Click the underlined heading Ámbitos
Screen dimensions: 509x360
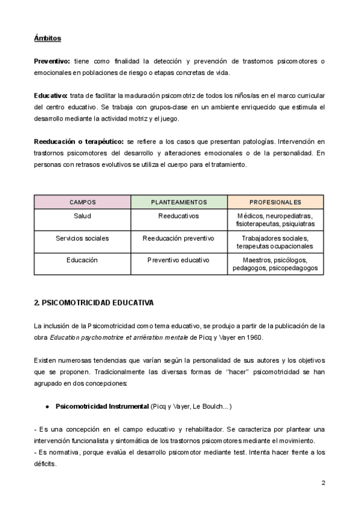coord(47,38)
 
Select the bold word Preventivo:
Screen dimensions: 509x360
coord(52,61)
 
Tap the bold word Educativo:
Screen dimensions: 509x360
coord(50,96)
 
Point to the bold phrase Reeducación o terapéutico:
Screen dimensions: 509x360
coord(79,142)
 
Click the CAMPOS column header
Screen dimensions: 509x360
coord(82,202)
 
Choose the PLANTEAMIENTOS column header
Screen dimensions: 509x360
coord(179,202)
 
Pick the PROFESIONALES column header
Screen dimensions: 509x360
coord(275,202)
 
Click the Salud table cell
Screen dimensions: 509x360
coord(82,215)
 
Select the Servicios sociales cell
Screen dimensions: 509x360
coord(82,238)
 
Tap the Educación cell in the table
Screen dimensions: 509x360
coord(82,261)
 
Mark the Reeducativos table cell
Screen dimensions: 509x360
coord(179,215)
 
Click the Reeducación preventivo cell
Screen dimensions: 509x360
coord(179,238)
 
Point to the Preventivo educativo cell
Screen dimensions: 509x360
coord(179,261)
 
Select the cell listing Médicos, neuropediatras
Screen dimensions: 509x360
coord(275,220)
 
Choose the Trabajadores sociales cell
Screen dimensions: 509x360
coord(275,242)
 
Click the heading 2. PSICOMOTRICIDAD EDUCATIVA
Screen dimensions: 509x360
coord(94,303)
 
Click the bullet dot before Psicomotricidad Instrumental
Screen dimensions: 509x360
coord(47,407)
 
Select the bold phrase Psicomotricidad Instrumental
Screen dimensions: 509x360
coord(101,407)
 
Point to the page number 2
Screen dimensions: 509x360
coord(323,483)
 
